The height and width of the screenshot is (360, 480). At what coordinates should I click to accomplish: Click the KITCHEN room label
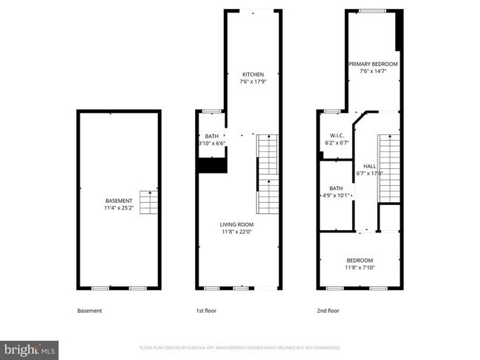click(x=253, y=75)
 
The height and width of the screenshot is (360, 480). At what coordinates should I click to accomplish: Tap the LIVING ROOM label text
click(x=236, y=224)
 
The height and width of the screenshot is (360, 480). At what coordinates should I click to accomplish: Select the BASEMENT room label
click(x=118, y=201)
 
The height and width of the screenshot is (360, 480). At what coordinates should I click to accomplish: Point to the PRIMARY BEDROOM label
click(x=373, y=64)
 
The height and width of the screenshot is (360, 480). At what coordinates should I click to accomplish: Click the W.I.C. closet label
click(x=337, y=135)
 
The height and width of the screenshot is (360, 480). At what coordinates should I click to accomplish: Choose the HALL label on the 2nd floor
click(x=369, y=167)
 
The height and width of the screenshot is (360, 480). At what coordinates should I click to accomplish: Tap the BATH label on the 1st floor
click(x=212, y=136)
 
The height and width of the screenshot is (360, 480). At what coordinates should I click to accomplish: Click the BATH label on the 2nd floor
click(x=336, y=188)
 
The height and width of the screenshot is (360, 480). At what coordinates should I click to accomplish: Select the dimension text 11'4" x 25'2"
click(x=118, y=208)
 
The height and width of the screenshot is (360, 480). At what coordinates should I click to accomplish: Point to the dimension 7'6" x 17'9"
click(x=253, y=82)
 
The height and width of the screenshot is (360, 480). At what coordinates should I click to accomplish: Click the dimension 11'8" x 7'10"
click(x=360, y=268)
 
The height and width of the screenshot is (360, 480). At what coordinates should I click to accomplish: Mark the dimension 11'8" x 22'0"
click(x=236, y=232)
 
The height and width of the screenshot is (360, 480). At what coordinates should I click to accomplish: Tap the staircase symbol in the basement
click(x=149, y=200)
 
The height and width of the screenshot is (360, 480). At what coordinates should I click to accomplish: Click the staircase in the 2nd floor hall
click(x=388, y=167)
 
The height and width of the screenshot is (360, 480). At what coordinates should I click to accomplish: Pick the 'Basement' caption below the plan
click(x=89, y=311)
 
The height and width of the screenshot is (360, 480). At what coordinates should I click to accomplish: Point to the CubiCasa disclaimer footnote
click(x=239, y=347)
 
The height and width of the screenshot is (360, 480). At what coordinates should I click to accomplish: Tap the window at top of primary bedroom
click(x=372, y=10)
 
